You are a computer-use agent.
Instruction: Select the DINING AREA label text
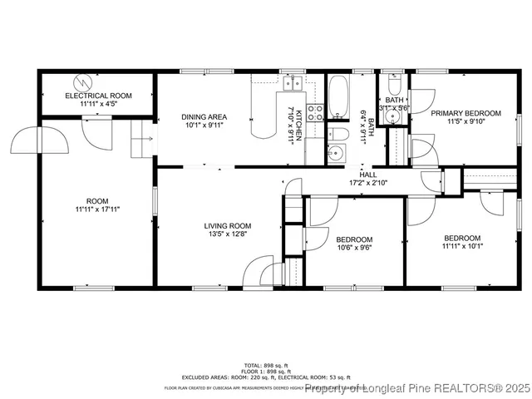click(204, 117)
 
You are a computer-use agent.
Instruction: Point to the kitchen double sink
click(293, 82)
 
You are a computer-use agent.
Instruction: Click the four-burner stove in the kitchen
click(316, 113)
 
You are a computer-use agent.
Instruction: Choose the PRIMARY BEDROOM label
click(465, 113)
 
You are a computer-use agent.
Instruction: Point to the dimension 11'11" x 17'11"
click(97, 209)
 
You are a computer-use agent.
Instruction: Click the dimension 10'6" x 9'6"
click(353, 247)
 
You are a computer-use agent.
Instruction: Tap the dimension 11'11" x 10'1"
click(461, 246)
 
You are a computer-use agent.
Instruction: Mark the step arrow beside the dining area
click(143, 138)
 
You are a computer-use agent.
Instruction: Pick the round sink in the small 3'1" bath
click(394, 114)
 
